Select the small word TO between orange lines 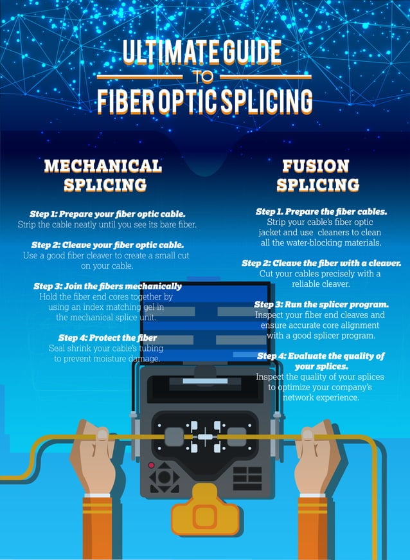coord(205,77)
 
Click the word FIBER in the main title coord(134,102)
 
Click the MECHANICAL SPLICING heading coord(103,175)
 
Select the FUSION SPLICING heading coord(317,175)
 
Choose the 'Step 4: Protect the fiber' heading coord(107,338)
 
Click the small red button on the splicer coord(151,465)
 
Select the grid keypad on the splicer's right coord(247,478)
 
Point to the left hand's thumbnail coord(102,435)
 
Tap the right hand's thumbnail coord(308,435)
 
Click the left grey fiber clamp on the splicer coord(174,437)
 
